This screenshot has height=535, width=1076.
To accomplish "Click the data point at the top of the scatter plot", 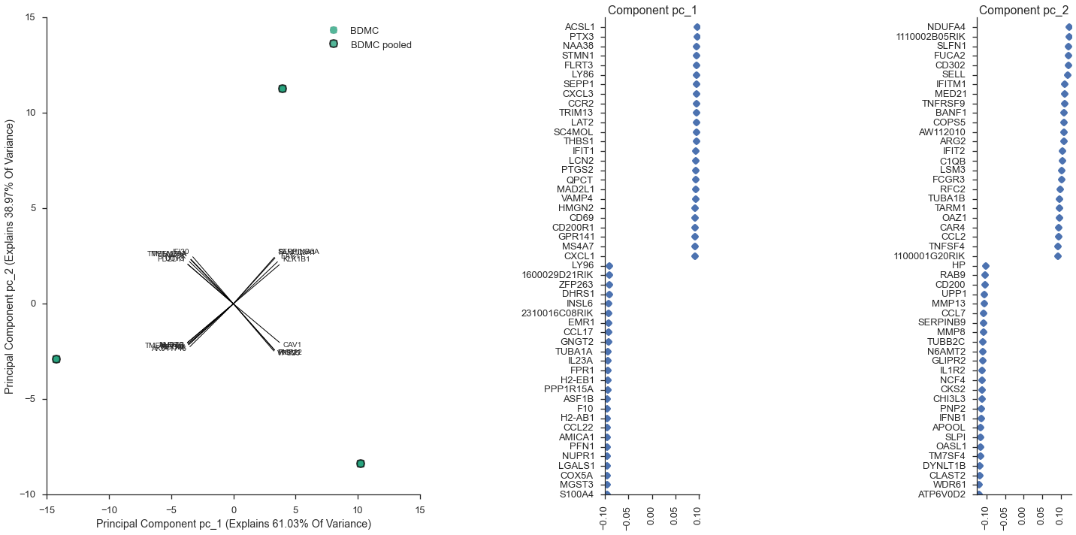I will [283, 89].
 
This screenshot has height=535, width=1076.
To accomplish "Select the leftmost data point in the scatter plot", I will [56, 359].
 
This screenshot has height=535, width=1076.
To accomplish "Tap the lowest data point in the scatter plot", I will [361, 464].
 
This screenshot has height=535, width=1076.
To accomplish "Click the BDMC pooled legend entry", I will [381, 45].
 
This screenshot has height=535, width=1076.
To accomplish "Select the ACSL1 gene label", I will [579, 27].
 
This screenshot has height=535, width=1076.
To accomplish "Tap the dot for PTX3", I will [697, 37].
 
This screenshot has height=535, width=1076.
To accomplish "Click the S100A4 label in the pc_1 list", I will [577, 494].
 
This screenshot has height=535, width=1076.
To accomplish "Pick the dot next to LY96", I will [609, 266].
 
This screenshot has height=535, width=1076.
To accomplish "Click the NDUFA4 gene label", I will [946, 27].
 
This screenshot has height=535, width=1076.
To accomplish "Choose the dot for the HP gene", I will [986, 266].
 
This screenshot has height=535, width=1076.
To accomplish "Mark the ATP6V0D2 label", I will [941, 494].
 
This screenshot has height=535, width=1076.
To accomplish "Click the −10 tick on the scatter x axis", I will [109, 509].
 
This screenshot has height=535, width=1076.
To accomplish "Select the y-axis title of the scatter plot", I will [10, 256].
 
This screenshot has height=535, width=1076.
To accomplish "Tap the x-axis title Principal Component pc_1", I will [234, 524].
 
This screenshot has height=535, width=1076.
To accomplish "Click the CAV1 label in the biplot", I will [292, 345].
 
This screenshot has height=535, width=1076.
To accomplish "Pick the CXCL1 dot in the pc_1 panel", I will [695, 256].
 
